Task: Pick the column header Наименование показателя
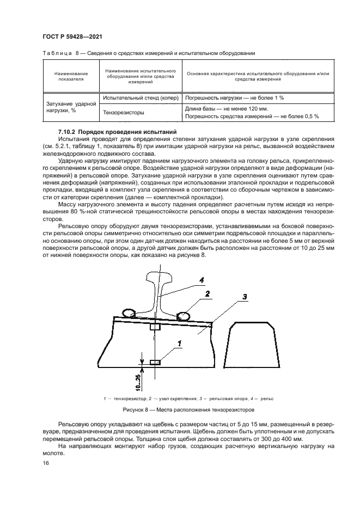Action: (70, 76)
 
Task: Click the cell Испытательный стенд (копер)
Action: (138, 98)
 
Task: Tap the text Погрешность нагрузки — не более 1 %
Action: (235, 98)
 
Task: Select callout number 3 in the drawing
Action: (245, 297)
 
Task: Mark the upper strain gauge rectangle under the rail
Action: (155, 327)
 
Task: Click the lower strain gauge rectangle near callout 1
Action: (155, 362)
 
